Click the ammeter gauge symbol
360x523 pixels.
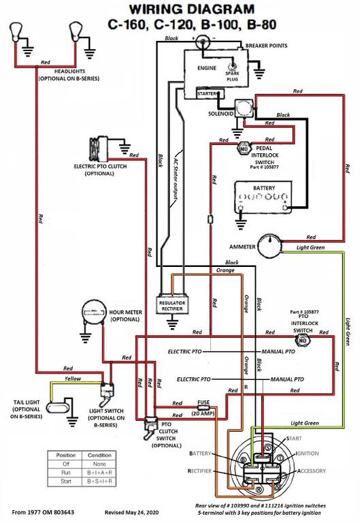coord(270,246)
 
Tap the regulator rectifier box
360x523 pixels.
coord(172,305)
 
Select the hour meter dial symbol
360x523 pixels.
coord(93,312)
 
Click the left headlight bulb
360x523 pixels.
coord(16,32)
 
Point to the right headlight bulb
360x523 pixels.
coord(76,32)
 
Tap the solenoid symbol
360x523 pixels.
coord(245,108)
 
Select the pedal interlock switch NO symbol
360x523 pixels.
coord(244,148)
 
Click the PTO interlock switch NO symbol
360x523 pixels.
coord(303,340)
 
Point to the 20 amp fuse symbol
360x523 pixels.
coord(203,407)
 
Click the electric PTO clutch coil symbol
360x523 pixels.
coord(98,149)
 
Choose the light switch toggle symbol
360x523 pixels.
coord(107,394)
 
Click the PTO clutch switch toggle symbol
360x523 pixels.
coord(151,428)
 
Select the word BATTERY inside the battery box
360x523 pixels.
coord(263,188)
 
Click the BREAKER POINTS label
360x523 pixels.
coord(266,46)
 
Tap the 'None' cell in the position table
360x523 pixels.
coord(99,464)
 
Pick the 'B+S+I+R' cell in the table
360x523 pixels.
coord(99,481)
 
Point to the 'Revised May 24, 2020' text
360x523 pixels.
coord(131,512)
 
